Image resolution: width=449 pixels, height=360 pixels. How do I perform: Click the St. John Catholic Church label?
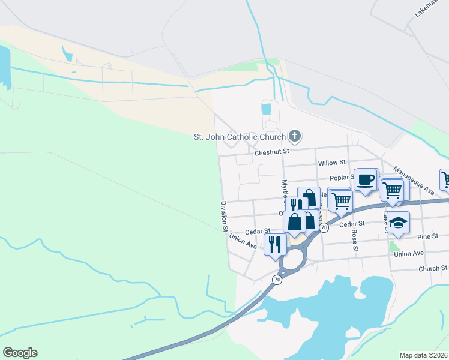click(x=239, y=136)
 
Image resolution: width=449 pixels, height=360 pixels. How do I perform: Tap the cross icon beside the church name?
click(x=294, y=136)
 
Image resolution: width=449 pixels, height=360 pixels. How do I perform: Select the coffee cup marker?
click(x=366, y=179)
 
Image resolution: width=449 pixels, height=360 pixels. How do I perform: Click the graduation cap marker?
click(x=397, y=223)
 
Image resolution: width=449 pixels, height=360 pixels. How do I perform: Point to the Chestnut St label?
click(x=272, y=153)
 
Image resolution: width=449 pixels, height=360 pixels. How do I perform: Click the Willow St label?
click(x=332, y=163)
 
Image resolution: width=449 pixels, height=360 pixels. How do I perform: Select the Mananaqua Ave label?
click(x=414, y=181)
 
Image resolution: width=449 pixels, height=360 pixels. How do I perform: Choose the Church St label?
click(x=433, y=268)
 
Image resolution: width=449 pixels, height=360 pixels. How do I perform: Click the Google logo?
click(x=20, y=353)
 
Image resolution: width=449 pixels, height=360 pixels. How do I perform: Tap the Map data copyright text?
click(x=424, y=355)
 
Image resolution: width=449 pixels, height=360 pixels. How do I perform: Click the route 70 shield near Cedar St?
click(x=324, y=227)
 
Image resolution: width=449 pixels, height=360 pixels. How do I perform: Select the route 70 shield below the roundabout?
click(x=277, y=280)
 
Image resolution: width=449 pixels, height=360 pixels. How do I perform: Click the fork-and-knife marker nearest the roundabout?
click(x=275, y=244)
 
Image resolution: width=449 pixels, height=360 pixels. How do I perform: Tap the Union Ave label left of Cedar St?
click(x=243, y=241)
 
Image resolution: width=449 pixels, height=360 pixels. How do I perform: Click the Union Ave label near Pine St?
click(x=409, y=253)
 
